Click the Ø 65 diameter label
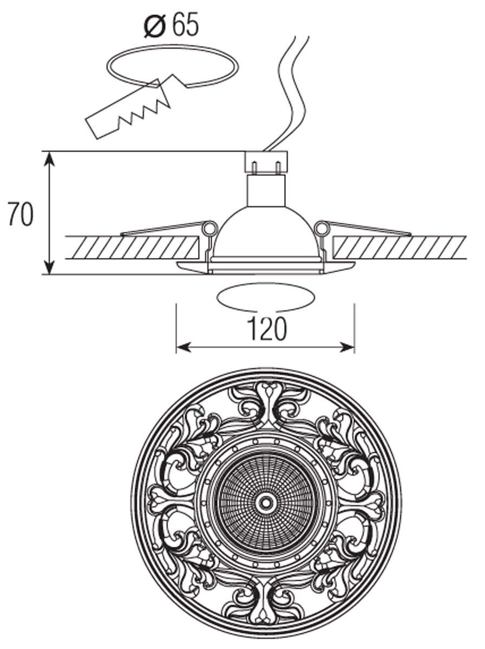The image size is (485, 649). pos(172,25)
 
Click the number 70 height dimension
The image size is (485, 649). pos(21,215)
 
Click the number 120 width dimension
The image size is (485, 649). pos(266,329)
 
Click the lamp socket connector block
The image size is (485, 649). pos(266,162)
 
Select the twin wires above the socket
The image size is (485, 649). pos(290,92)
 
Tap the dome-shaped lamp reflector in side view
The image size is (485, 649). pos(265,233)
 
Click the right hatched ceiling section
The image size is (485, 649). pos(399,247)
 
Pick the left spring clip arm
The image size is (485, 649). pos(162,229)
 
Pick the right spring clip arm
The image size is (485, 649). pos(368,229)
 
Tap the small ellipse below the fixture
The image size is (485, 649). pos(266,297)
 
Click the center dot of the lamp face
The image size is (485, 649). pos(266,503)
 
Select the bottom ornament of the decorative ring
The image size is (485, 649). pos(266,606)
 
